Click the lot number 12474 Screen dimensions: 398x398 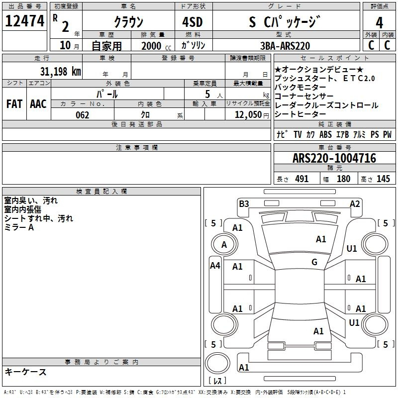tap(24, 21)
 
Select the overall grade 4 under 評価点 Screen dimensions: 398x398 tap(379, 22)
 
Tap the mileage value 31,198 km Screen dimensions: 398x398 tap(60, 71)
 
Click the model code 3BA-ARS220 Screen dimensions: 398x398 tap(285, 46)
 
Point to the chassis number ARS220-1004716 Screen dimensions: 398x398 tap(334, 158)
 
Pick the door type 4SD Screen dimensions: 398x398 tap(193, 22)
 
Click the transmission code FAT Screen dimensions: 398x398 tap(14, 104)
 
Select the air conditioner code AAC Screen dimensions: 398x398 tap(38, 104)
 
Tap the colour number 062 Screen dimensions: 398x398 tap(82, 115)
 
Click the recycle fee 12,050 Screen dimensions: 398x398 tap(248, 115)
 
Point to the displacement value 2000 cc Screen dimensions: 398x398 tap(156, 46)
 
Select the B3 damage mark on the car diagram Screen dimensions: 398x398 tap(244, 203)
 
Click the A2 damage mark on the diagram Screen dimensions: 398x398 tap(355, 204)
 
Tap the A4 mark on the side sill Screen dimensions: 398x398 tap(215, 266)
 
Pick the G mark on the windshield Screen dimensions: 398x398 tap(314, 262)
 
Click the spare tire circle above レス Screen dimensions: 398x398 tap(217, 363)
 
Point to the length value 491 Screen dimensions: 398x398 tap(302, 179)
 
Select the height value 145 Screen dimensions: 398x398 tap(383, 179)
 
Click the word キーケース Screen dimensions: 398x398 tap(26, 372)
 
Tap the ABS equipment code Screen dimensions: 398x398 tap(325, 134)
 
